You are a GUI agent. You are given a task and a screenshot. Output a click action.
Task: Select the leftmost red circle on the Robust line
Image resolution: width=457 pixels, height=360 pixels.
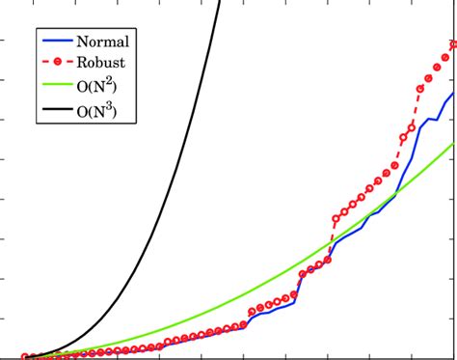26,356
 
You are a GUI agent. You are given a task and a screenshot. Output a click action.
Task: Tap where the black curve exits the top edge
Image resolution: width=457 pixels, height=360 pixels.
221,2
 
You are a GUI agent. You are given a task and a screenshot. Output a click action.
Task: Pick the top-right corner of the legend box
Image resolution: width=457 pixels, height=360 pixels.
135,30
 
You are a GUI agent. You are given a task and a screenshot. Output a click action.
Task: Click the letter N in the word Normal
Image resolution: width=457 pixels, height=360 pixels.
81,42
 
